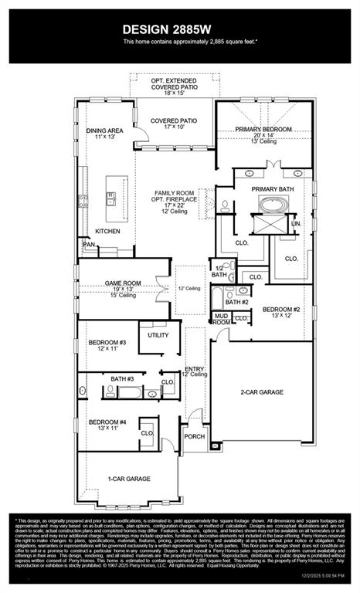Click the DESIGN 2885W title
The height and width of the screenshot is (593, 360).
[179, 29]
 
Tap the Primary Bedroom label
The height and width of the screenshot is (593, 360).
[263, 130]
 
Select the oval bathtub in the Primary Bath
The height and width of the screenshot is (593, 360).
[271, 205]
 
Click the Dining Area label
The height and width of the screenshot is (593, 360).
[104, 131]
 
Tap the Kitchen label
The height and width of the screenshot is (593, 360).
[107, 231]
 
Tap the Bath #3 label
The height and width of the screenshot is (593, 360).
[122, 378]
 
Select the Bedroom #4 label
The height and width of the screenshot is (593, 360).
[107, 422]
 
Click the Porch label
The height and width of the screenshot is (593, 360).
[194, 437]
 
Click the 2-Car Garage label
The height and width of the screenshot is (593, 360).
[261, 392]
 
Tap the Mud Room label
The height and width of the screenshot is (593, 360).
[222, 318]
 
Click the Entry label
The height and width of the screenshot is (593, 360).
[195, 370]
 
